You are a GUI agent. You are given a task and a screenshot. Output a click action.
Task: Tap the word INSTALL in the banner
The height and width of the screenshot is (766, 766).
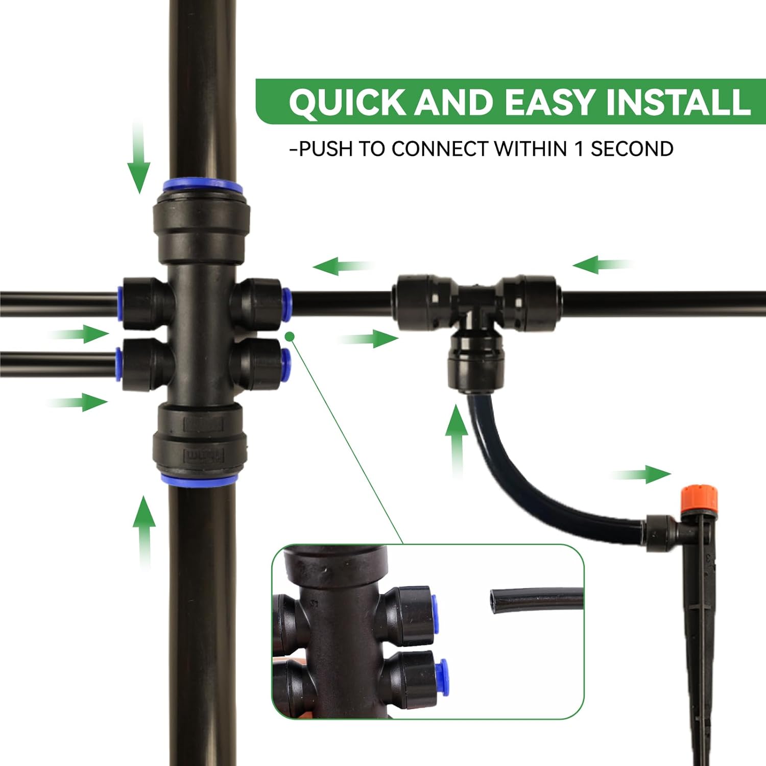[x=678, y=103]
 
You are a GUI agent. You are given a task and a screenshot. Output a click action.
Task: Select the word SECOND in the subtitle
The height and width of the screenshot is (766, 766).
[x=632, y=149]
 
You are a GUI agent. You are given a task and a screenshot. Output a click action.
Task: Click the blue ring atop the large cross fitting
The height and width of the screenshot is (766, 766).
[x=203, y=185]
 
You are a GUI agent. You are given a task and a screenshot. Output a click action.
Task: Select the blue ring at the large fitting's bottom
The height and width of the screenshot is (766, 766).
[x=199, y=480]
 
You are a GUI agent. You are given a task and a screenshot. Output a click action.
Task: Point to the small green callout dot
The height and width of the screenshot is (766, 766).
[x=290, y=336]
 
